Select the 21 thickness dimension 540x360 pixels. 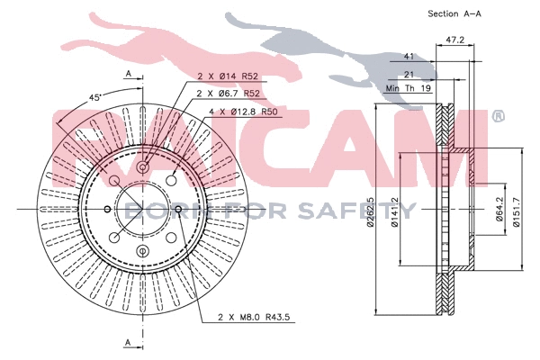point(408,76)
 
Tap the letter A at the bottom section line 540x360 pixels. point(128,343)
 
